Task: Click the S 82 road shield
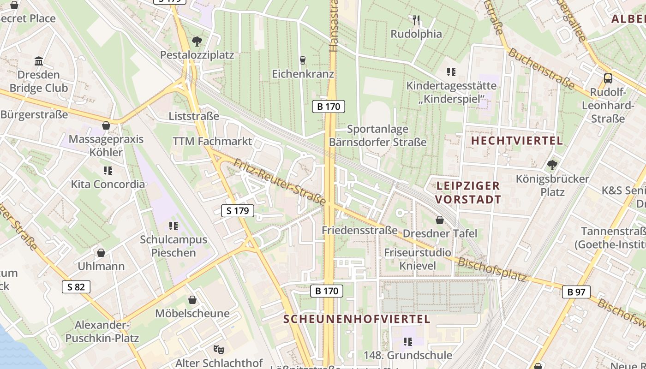pos(76,287)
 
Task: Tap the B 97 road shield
pos(576,292)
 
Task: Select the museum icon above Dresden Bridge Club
pos(39,61)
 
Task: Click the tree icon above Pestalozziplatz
pos(197,42)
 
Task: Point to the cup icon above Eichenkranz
pos(303,60)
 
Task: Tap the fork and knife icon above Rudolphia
pos(416,20)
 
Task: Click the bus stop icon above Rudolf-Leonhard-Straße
pos(608,78)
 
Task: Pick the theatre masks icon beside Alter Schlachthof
pos(219,349)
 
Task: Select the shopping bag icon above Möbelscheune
pos(192,300)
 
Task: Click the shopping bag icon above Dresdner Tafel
pos(440,220)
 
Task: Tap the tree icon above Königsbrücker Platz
pos(552,165)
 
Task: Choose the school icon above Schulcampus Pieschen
pos(173,226)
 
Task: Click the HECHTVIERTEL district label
pos(517,141)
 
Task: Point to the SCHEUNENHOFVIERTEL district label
pos(357,319)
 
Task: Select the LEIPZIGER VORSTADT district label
pos(468,193)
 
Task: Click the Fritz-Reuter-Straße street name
pos(280,182)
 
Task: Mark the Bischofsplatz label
pos(492,269)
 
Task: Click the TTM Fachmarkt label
pos(212,141)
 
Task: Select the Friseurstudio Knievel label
pos(418,259)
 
